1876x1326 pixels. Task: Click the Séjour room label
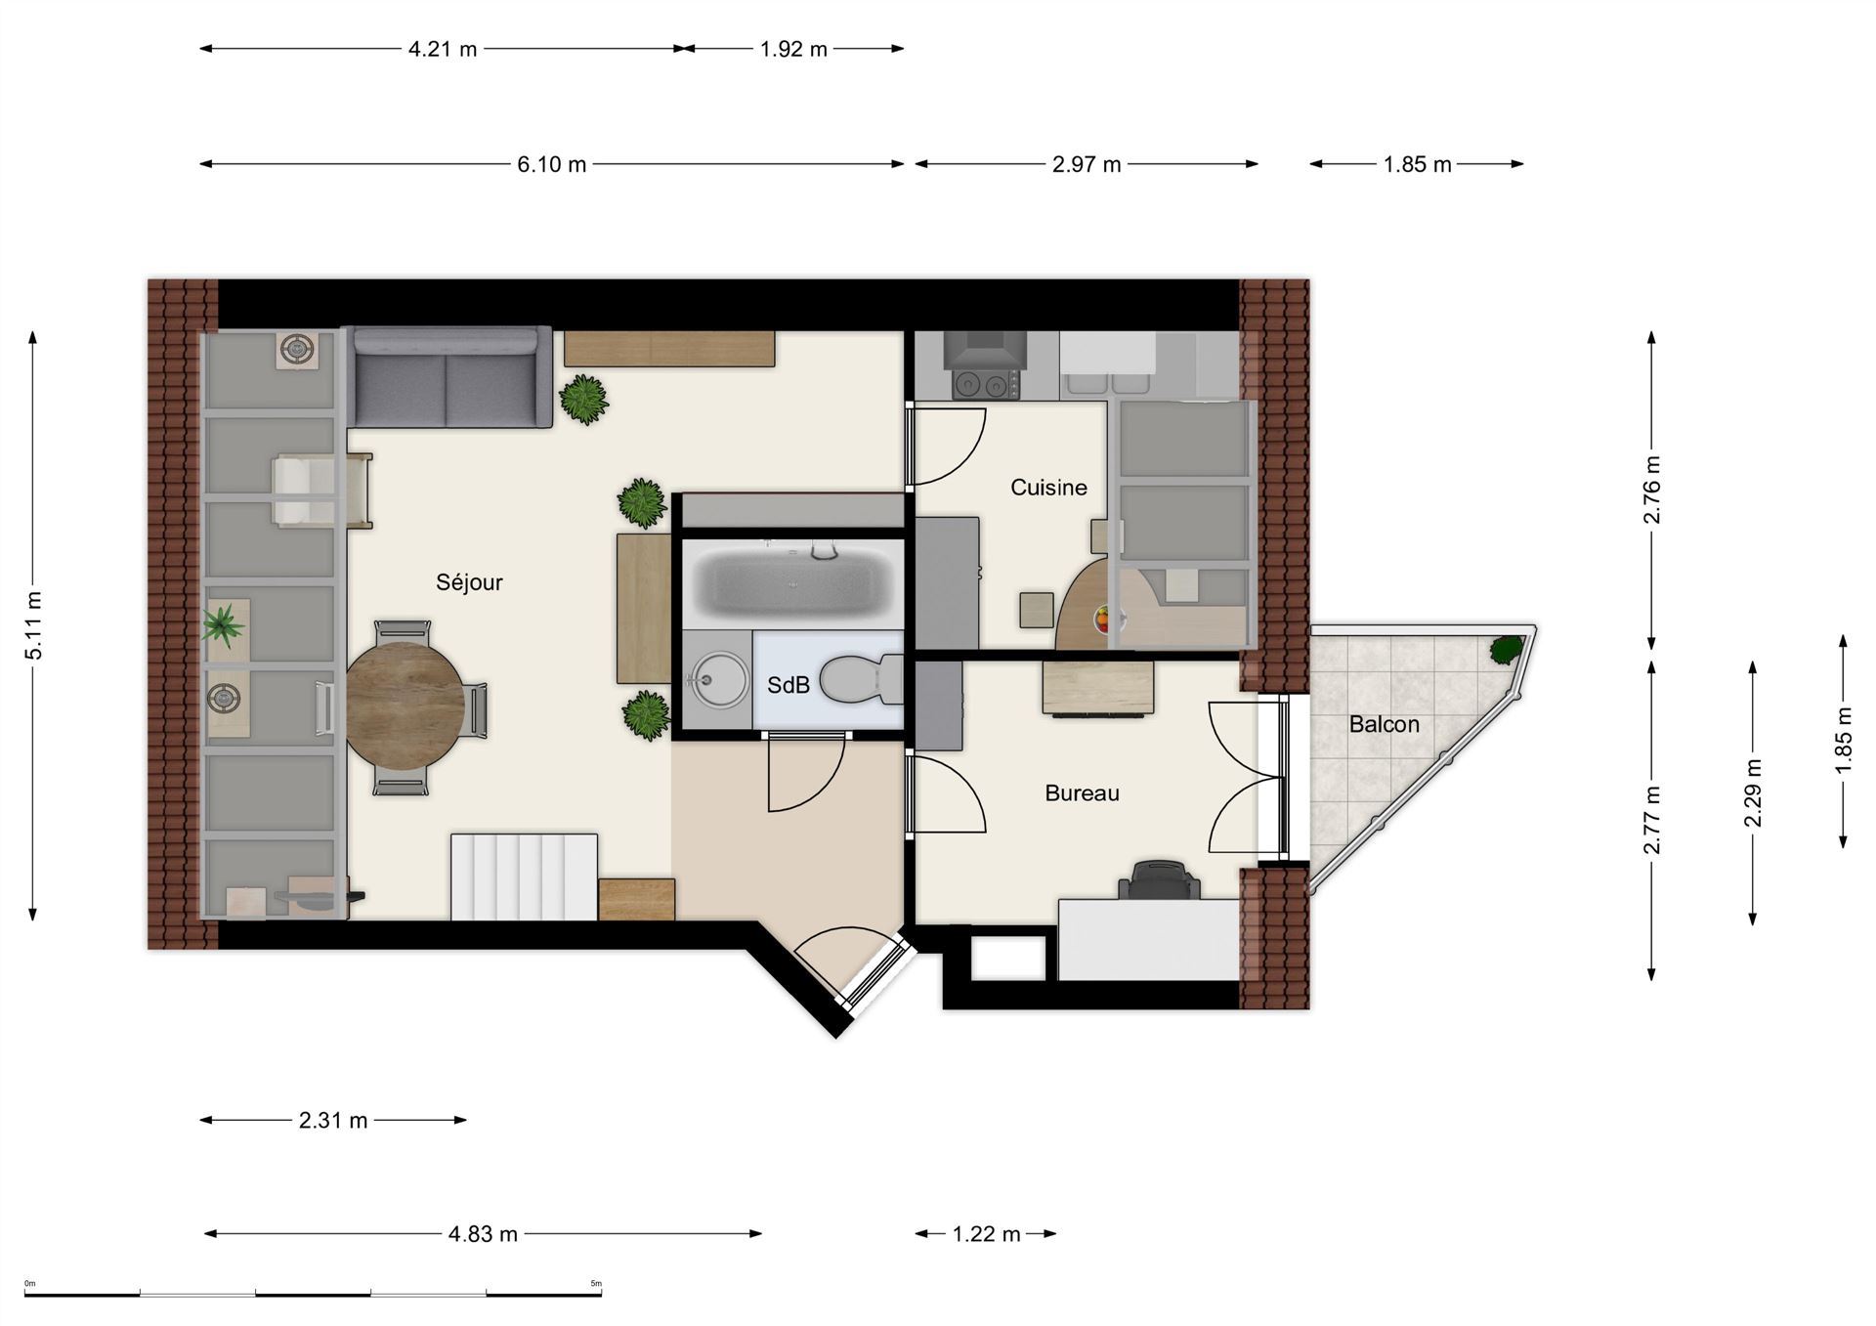[469, 582]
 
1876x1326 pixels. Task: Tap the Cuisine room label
[1048, 487]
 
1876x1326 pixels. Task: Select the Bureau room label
[1082, 792]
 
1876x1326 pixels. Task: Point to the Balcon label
[1384, 724]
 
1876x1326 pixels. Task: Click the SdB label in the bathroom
[789, 686]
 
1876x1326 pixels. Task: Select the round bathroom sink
[718, 678]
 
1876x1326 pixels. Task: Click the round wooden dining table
[405, 706]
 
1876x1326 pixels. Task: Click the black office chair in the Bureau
[1159, 880]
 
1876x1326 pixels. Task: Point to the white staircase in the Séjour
[524, 877]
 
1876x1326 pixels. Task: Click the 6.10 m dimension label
[552, 164]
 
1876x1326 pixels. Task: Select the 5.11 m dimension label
[34, 625]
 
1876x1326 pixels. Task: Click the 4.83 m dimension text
[483, 1234]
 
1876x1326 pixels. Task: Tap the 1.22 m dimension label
[986, 1234]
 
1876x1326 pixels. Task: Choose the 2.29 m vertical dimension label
[1753, 792]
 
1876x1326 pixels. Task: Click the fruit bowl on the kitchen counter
[1108, 619]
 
